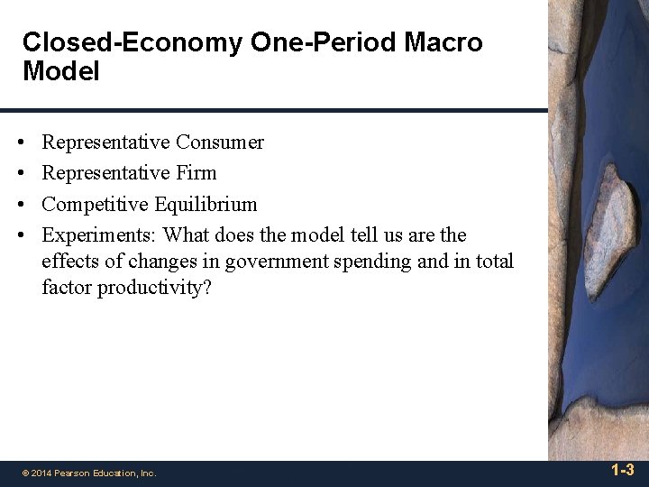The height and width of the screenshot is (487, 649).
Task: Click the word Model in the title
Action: point(60,71)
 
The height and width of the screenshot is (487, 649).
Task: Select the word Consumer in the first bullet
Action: point(220,142)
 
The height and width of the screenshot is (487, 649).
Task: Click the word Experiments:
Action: point(96,235)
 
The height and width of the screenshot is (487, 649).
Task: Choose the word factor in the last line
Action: point(65,289)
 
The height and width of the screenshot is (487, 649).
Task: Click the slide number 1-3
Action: point(622,470)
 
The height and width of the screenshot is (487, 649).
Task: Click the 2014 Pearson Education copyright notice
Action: point(88,473)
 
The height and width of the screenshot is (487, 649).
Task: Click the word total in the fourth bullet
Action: point(493,262)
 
